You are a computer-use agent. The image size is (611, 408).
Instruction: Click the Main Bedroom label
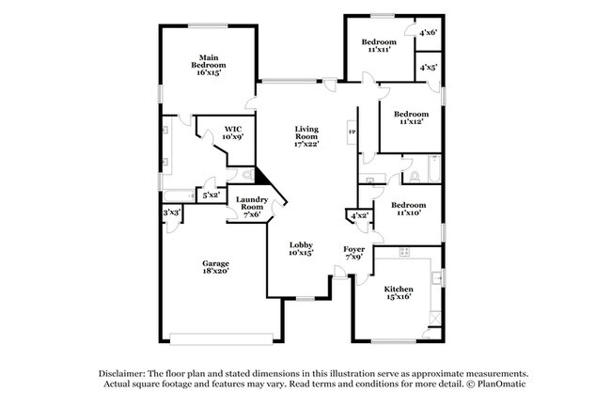click(x=207, y=65)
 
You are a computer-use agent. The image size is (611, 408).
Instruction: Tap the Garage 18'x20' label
click(x=215, y=268)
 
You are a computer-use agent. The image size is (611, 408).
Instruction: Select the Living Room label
click(x=307, y=136)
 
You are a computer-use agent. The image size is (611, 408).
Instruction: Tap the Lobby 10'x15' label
click(x=301, y=249)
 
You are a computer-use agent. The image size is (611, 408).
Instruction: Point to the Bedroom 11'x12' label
click(x=412, y=118)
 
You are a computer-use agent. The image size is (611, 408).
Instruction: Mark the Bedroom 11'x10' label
click(x=407, y=209)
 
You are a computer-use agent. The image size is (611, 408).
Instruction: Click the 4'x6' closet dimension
click(x=428, y=33)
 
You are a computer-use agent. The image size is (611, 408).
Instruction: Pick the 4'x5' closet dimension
click(x=428, y=68)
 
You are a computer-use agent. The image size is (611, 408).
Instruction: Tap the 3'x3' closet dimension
click(x=171, y=213)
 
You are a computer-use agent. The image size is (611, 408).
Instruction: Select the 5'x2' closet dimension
click(x=211, y=196)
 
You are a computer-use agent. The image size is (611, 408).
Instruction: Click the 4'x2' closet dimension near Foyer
click(x=359, y=217)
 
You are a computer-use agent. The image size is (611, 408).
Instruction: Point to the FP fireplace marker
click(x=352, y=132)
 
